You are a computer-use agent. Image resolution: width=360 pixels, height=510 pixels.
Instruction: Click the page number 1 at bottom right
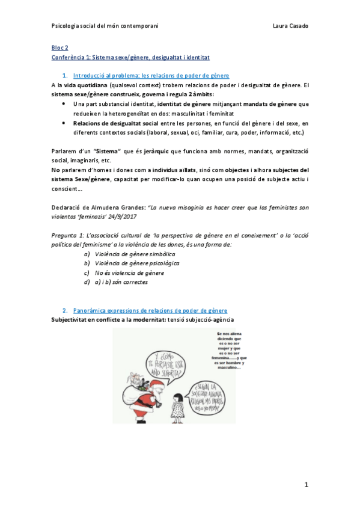tap(305, 484)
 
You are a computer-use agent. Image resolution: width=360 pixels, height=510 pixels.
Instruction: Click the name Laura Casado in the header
tap(290, 26)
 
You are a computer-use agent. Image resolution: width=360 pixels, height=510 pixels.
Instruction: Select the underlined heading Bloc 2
tap(59, 47)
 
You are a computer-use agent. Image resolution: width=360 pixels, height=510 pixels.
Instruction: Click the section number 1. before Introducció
tap(65, 75)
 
